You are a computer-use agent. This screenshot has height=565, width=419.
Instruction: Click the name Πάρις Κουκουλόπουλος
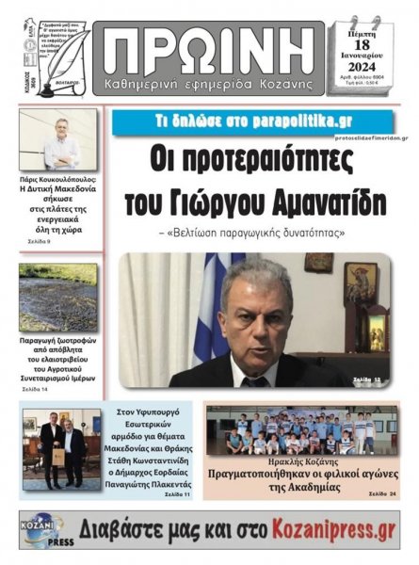[x=57, y=179]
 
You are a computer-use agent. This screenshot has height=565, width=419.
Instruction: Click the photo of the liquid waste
[x=57, y=298]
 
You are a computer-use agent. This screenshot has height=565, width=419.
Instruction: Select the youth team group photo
[x=300, y=432]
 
